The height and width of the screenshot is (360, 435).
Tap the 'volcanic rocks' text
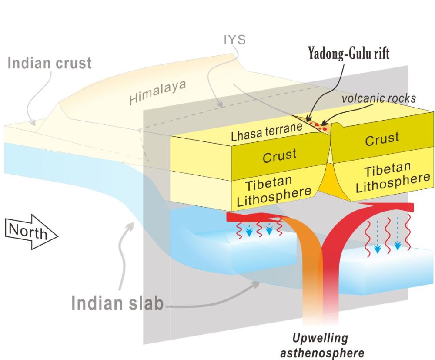[x=378, y=98]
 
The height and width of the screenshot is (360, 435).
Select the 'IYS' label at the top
[x=234, y=40]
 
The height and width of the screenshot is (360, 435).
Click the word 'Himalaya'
[x=157, y=93]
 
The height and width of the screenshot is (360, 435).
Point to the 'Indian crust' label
[x=50, y=63]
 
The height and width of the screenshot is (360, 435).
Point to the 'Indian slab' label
[x=117, y=303]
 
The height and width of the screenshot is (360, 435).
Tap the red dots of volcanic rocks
[x=321, y=127]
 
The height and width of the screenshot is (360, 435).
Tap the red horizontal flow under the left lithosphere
[x=248, y=216]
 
